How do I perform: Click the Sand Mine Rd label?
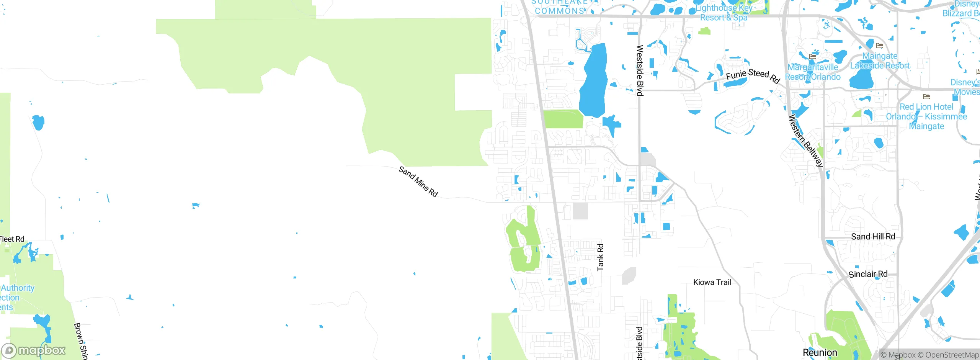point(418,181)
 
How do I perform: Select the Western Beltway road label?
point(805,141)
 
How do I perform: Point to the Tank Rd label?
point(600,257)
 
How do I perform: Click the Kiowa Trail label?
point(712,282)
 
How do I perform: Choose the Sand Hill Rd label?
point(873,237)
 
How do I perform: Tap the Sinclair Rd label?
point(868,274)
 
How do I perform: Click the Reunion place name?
point(820,352)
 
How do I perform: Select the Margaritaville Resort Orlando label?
point(813,72)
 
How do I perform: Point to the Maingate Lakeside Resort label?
point(880,61)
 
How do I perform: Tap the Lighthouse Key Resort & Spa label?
point(724,13)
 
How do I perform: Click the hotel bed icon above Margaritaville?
point(813,57)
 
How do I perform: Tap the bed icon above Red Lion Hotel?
point(926,97)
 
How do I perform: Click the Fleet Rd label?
point(12,239)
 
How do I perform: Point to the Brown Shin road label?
point(80,341)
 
